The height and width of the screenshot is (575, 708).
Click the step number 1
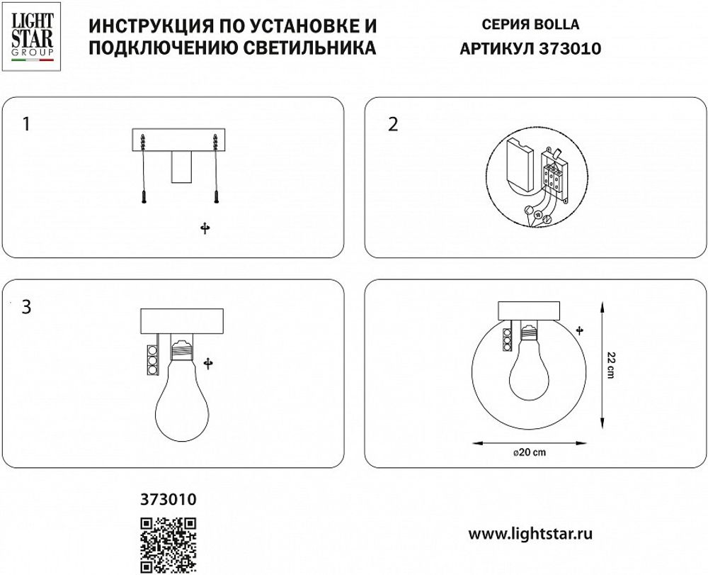26,125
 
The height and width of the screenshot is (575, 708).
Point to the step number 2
394,125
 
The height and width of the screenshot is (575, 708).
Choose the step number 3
26,308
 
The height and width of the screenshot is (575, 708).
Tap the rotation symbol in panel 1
205,228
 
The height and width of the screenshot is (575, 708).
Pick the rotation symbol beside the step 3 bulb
208,364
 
